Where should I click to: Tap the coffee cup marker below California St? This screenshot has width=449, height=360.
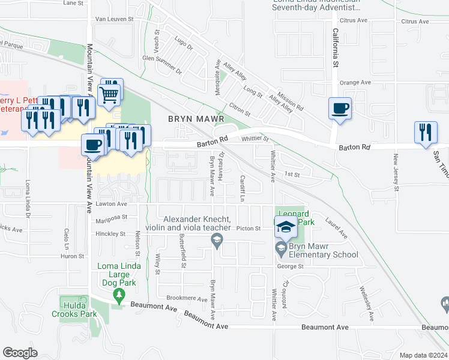point(340,109)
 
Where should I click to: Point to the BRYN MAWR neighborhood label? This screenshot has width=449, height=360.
point(191,119)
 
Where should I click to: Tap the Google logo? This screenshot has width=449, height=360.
point(20,352)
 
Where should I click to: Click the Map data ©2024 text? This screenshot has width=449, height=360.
point(423,355)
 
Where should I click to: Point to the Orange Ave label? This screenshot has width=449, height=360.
point(356,83)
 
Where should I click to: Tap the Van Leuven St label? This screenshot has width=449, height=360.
point(117,19)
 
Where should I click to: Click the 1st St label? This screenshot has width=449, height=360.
point(292,175)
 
